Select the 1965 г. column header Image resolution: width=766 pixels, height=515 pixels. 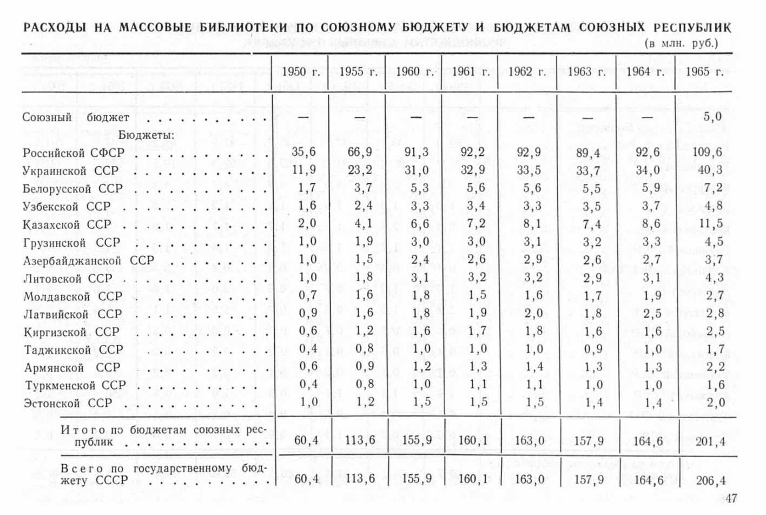[x=704, y=72]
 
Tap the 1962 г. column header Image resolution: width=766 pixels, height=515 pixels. [x=526, y=72]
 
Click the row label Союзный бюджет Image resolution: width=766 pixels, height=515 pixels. [x=76, y=117]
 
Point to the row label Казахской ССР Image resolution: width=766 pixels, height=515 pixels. [x=67, y=225]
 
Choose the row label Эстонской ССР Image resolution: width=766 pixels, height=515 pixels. [x=68, y=403]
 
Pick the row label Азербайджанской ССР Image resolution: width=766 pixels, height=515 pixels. [x=88, y=260]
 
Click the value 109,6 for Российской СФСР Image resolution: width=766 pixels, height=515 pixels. [x=707, y=152]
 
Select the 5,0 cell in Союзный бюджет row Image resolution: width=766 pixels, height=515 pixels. [x=712, y=117]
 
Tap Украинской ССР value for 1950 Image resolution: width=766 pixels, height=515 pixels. [x=303, y=170]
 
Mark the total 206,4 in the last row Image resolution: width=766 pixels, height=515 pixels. [x=710, y=480]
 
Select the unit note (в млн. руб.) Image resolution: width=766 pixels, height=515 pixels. [x=682, y=43]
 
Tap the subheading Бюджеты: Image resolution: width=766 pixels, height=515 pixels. [x=146, y=135]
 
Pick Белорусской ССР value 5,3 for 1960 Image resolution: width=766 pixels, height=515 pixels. [x=416, y=188]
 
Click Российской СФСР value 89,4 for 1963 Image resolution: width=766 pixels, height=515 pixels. [x=589, y=153]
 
